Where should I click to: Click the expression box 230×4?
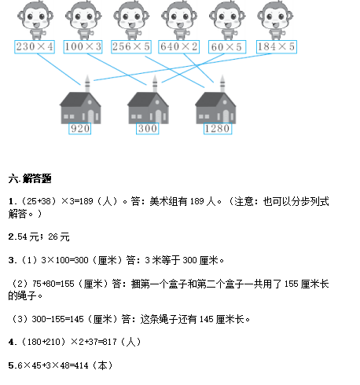coord(35,47)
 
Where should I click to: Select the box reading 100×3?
coord(83,47)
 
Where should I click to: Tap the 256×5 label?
coord(131,47)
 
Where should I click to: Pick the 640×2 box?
coord(179,47)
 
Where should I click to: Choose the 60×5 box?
coord(227,47)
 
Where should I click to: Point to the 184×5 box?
coord(277,47)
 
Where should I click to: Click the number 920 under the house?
coord(80,129)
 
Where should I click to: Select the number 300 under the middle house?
coord(148,129)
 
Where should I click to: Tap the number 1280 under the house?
coord(218,129)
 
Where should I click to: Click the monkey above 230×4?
coord(35,20)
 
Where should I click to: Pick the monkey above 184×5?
coord(275,20)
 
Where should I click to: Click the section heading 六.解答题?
coord(30,178)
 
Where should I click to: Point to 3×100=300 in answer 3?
coord(64,260)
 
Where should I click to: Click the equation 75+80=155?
coord(53,284)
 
